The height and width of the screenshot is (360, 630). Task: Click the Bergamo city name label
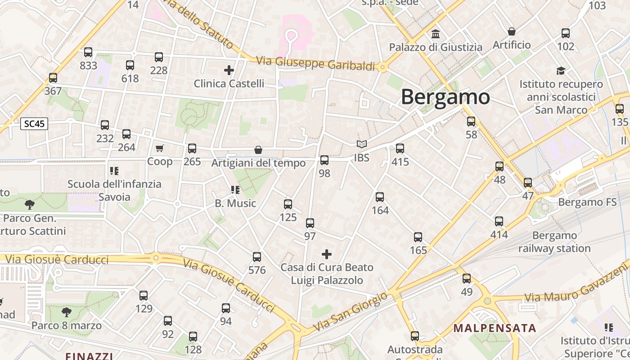[445, 97]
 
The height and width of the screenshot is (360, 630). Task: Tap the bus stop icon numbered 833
[88, 52]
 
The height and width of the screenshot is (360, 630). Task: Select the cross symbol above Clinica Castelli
[229, 70]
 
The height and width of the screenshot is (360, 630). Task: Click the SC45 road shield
[34, 124]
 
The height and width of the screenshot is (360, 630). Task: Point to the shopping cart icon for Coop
[160, 148]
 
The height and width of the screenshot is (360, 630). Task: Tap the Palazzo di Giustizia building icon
[436, 34]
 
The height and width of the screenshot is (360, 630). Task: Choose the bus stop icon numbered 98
[324, 160]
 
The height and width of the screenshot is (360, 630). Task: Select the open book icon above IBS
[362, 144]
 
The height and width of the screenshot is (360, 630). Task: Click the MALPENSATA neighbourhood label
[495, 328]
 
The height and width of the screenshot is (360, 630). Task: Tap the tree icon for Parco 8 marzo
[67, 312]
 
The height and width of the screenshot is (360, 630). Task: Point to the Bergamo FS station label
[587, 202]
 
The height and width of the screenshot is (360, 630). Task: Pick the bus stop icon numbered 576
[257, 257]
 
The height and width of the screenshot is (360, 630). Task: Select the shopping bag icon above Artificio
[512, 31]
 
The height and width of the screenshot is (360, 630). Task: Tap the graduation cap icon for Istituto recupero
[561, 71]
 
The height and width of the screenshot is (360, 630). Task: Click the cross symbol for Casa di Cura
[327, 254]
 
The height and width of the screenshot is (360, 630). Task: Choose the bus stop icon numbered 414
[499, 221]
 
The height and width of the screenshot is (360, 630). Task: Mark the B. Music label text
[235, 203]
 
